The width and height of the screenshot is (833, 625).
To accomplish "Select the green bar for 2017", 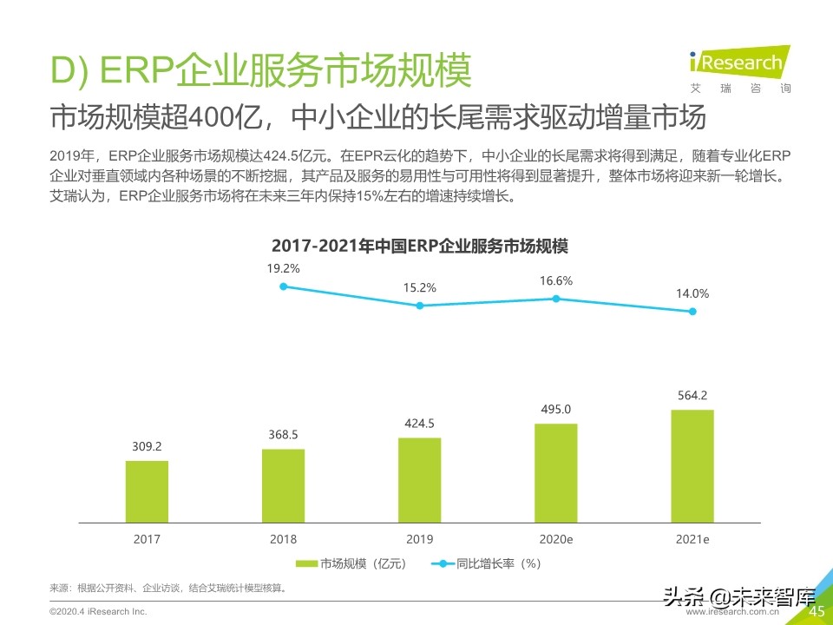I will point(147,491).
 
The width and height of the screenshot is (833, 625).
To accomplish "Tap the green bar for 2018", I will point(283,485).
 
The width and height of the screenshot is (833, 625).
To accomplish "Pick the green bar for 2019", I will point(419,480).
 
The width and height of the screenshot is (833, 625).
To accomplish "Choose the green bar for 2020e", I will point(555,473).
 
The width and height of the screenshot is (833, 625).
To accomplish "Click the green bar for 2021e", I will point(692,466).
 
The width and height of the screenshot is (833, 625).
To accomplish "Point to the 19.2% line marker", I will point(283,286).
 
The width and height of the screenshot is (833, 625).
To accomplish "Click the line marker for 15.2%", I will point(419,306).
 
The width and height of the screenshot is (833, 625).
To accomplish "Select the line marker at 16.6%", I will point(555,299).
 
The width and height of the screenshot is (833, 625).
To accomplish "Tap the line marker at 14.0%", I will point(692,312).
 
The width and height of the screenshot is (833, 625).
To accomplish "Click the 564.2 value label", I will point(692,396).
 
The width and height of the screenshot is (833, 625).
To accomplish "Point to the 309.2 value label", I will point(147,447).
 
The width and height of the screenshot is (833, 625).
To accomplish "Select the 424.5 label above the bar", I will point(419,424).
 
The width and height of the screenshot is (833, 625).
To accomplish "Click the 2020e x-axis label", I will point(555,539).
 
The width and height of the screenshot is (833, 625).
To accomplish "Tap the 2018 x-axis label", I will point(283,539).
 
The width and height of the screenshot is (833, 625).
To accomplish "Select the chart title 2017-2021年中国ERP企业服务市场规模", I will point(419,246).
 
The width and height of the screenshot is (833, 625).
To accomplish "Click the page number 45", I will point(816,612).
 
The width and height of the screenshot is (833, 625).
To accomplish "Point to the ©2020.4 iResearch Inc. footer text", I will point(98,612).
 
